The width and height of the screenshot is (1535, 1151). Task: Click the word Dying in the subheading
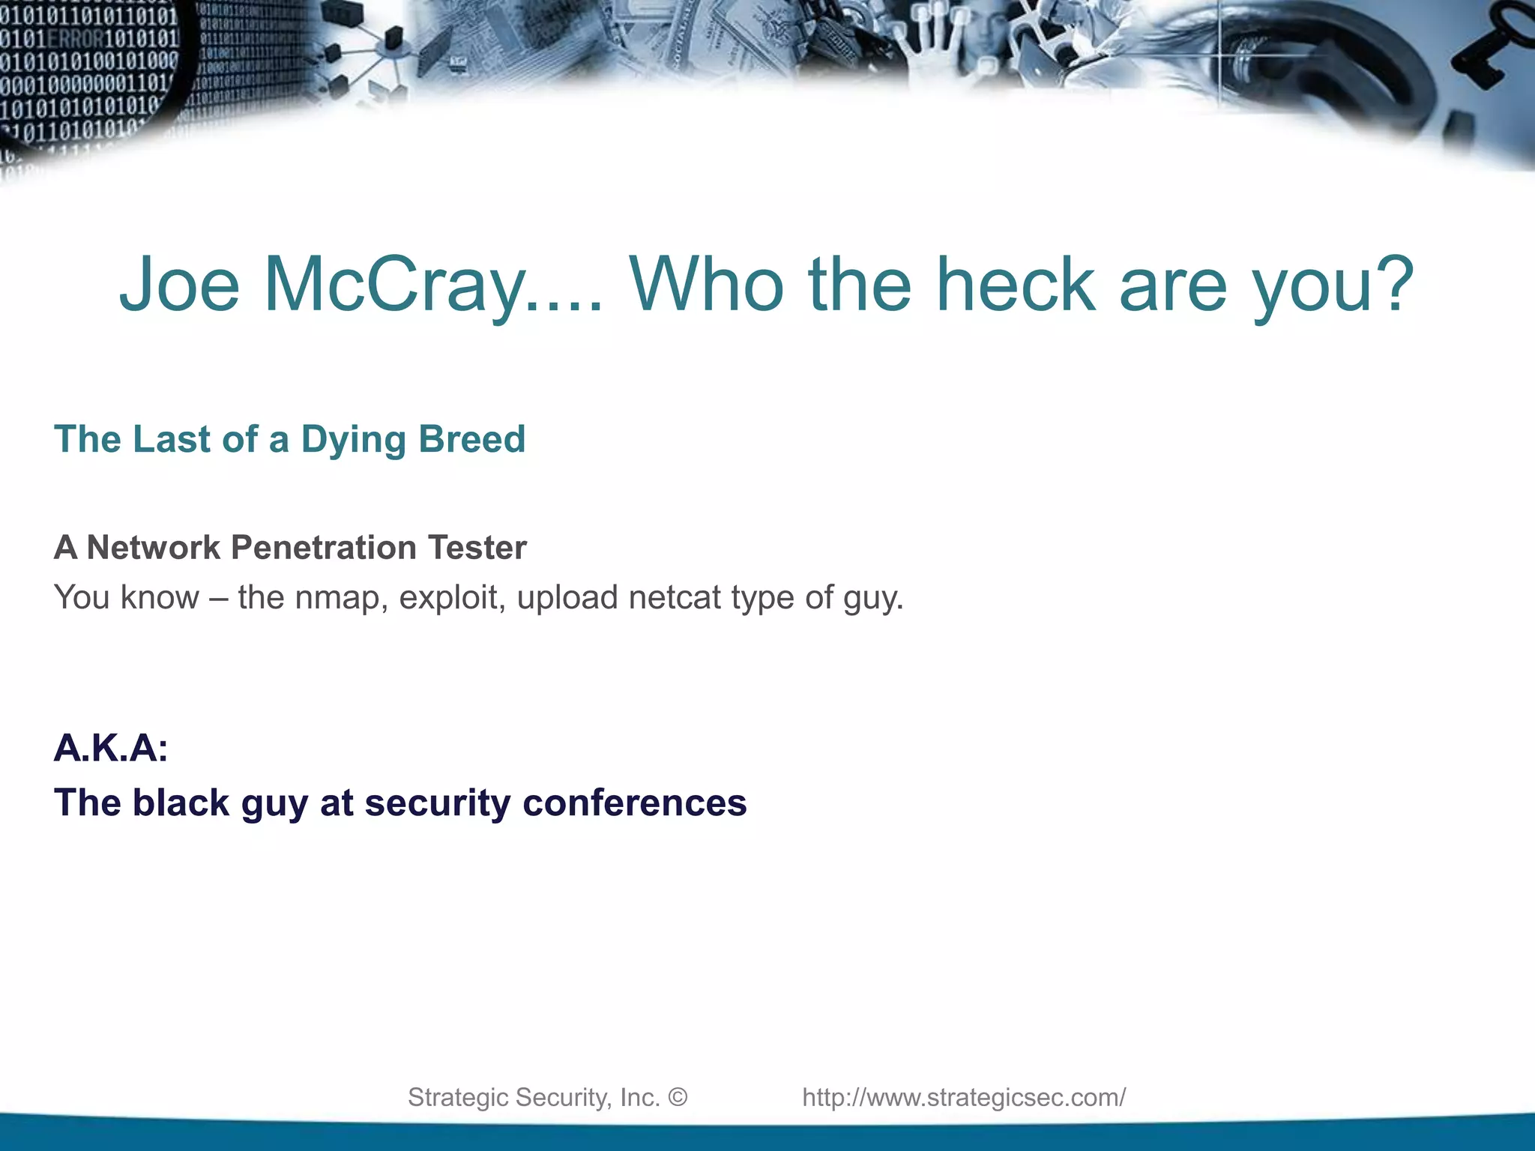[352, 440]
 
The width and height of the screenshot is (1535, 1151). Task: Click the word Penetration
[324, 548]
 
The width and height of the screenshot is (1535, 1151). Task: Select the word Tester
[477, 548]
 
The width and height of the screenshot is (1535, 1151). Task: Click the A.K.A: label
[111, 748]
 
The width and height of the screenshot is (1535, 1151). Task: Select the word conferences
[634, 803]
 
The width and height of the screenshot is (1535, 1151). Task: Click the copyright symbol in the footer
[678, 1097]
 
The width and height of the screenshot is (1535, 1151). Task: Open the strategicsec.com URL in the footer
[964, 1097]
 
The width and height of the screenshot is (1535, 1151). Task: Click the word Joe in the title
[179, 285]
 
